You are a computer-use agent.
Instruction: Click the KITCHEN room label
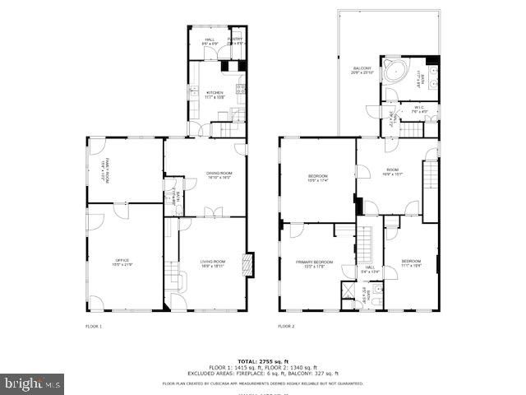[215, 95]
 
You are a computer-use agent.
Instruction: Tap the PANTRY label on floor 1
[235, 39]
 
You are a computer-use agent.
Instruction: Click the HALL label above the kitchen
[209, 39]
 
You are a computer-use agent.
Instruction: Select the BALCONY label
[362, 70]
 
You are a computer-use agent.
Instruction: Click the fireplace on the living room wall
[250, 265]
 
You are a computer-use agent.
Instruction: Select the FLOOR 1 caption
[94, 327]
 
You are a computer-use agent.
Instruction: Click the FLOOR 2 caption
[285, 327]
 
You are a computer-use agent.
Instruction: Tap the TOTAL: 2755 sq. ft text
[262, 361]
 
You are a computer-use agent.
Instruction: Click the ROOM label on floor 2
[391, 173]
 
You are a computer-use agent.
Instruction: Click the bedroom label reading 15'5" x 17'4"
[318, 178]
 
